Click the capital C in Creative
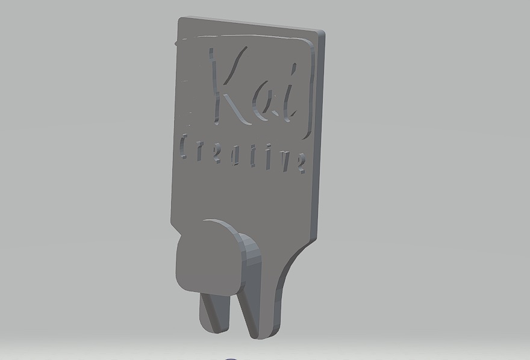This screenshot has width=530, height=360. click(183, 146)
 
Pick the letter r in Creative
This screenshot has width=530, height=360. click(200, 150)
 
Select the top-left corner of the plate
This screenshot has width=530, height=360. click(180, 19)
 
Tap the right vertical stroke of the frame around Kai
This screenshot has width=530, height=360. click(310, 90)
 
